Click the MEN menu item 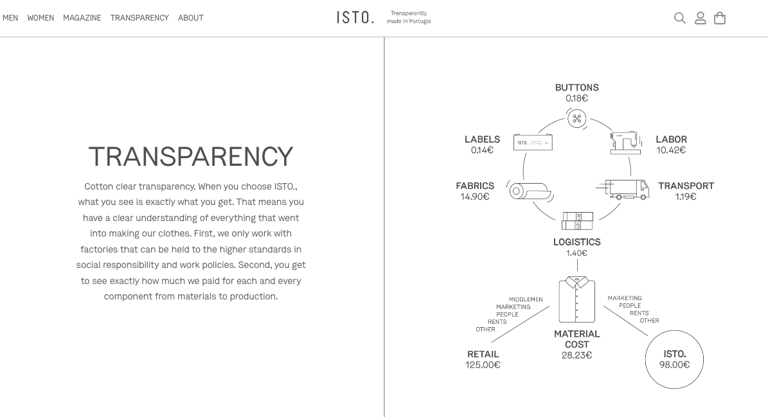(10, 18)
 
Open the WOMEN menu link (40, 18)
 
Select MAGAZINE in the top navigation (82, 18)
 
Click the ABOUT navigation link (191, 18)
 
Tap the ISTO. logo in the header (355, 17)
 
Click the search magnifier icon (679, 18)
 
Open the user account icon (701, 18)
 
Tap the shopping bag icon (720, 18)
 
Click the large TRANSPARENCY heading (191, 157)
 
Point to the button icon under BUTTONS (576, 118)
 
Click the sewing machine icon (625, 142)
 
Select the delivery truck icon (625, 190)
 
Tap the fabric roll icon (529, 191)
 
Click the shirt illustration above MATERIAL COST (576, 299)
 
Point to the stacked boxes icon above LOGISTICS (577, 221)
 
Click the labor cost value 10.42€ (671, 150)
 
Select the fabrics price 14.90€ (475, 197)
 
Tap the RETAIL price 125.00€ (483, 365)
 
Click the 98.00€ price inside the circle (674, 365)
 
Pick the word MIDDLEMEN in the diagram (526, 299)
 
